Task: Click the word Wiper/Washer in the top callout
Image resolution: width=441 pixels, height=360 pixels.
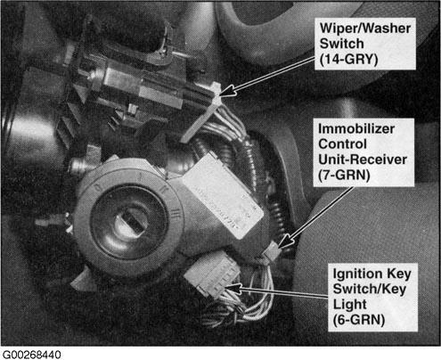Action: click(365, 29)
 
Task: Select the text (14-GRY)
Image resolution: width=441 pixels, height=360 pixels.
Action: click(349, 59)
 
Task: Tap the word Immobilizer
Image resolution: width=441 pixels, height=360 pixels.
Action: click(356, 129)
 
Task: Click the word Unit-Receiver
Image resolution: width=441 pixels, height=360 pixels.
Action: click(363, 160)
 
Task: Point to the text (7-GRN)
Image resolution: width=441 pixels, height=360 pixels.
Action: click(344, 175)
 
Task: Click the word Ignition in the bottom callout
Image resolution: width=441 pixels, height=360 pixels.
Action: click(358, 274)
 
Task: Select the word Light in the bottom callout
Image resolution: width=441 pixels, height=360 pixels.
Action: click(349, 305)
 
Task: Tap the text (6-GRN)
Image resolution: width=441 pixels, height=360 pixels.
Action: click(359, 320)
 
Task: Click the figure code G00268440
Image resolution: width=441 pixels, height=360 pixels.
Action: click(31, 355)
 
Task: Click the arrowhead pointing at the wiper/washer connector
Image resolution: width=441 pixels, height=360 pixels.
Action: click(226, 90)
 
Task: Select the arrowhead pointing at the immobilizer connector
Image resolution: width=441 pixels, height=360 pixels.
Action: click(284, 242)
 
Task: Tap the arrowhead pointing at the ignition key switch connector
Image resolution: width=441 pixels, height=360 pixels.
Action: click(233, 287)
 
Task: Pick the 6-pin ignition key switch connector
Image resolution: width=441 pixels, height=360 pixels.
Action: click(211, 273)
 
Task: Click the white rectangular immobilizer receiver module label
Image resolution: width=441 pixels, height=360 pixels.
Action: click(222, 197)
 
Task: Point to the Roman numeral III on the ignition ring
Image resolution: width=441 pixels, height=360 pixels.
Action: click(176, 215)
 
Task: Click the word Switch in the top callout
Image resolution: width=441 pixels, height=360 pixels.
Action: click(341, 44)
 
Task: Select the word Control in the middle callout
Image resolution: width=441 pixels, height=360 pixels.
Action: click(342, 144)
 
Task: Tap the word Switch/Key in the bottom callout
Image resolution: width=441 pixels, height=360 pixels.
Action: click(370, 289)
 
